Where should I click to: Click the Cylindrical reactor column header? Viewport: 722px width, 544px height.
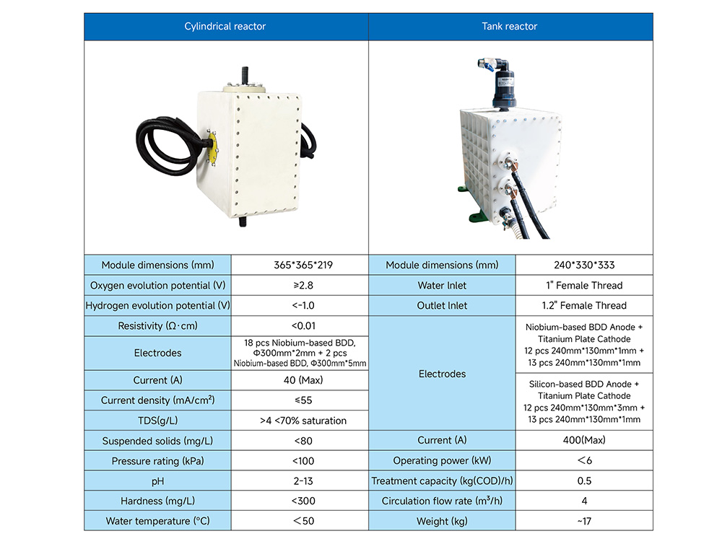[x=225, y=26]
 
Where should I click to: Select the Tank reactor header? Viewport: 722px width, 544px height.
[x=509, y=26]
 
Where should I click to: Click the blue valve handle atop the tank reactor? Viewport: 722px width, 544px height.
[x=489, y=69]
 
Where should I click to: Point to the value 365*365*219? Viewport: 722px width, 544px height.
[x=303, y=265]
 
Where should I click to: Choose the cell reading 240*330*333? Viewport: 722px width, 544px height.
[x=584, y=265]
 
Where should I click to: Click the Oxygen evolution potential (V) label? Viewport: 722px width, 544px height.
[x=158, y=285]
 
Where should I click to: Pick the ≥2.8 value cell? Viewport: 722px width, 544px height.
[x=303, y=285]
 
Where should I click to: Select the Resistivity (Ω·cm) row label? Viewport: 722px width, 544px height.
[x=158, y=326]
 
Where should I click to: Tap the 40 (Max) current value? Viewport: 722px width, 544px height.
[x=303, y=380]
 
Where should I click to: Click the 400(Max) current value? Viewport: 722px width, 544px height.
[x=584, y=440]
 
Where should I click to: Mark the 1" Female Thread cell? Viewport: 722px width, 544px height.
[x=584, y=285]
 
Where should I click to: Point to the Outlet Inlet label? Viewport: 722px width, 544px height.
[x=442, y=306]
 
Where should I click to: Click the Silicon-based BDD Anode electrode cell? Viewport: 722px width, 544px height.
[x=584, y=402]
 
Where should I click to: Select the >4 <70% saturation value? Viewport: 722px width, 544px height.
[x=303, y=421]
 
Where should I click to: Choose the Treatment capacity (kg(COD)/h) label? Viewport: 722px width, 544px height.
[x=442, y=481]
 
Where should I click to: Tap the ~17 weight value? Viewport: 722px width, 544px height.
[x=584, y=522]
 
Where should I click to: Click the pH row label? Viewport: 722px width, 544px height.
[x=158, y=481]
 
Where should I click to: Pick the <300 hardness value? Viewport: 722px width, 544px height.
[x=303, y=501]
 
